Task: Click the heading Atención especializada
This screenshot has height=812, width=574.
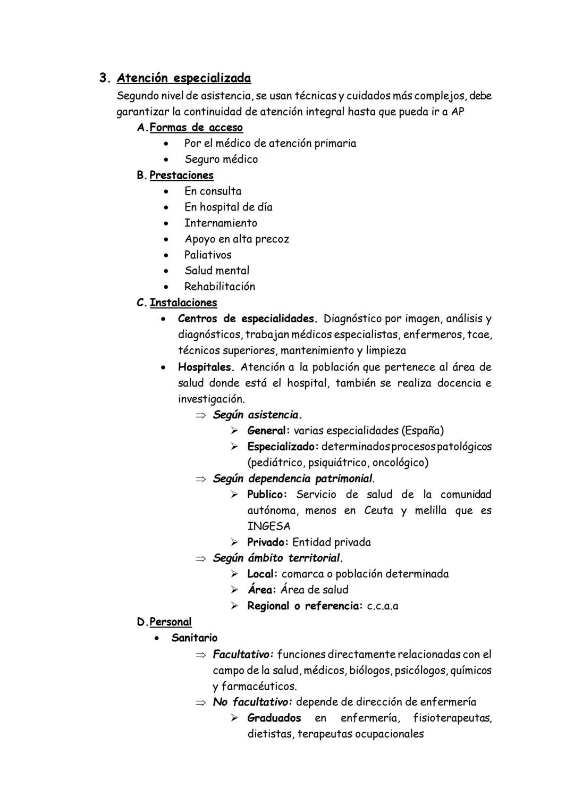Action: click(x=183, y=78)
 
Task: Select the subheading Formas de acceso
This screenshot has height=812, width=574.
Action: click(x=196, y=128)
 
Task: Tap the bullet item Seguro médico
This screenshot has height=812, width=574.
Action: click(x=221, y=159)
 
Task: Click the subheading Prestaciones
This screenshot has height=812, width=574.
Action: click(x=181, y=175)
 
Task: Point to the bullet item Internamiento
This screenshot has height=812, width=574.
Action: click(x=221, y=223)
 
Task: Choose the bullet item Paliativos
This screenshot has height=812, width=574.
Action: click(x=208, y=255)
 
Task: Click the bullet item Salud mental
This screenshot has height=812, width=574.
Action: click(x=216, y=271)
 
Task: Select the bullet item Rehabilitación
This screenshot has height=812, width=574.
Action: click(x=220, y=287)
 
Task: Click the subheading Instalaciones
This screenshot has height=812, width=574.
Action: click(x=183, y=303)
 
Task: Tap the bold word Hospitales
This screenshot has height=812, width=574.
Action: click(x=206, y=367)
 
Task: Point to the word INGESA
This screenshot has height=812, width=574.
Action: click(x=268, y=526)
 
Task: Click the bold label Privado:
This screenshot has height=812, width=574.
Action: click(x=267, y=542)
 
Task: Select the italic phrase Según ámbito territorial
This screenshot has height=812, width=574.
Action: click(x=277, y=558)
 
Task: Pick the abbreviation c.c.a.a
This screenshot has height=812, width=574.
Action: click(x=382, y=606)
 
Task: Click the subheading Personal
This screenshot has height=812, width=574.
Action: click(x=170, y=622)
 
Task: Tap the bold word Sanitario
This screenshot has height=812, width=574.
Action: click(x=194, y=638)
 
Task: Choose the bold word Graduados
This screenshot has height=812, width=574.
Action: click(x=274, y=718)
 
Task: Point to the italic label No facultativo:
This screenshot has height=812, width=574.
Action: click(x=252, y=702)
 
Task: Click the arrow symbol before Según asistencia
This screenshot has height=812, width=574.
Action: click(x=200, y=415)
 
